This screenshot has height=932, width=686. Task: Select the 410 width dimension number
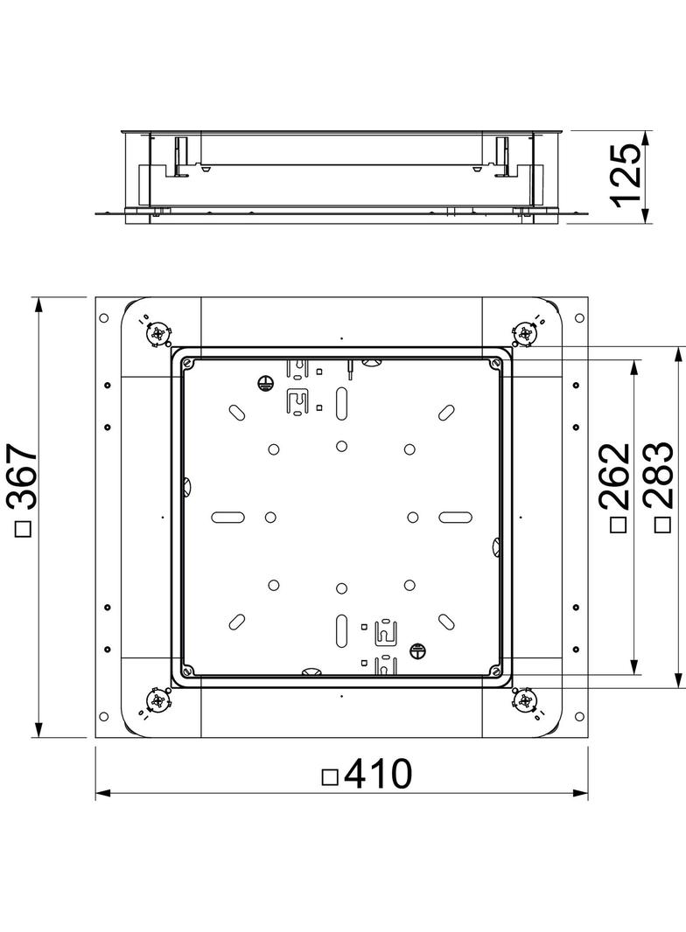tap(377, 774)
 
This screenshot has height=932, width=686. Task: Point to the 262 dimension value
tap(614, 476)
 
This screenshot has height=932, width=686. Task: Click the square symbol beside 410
tap(330, 777)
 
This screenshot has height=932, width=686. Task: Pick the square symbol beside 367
tap(24, 528)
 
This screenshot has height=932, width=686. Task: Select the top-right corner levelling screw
tap(525, 333)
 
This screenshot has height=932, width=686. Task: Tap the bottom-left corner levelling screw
tap(158, 700)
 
